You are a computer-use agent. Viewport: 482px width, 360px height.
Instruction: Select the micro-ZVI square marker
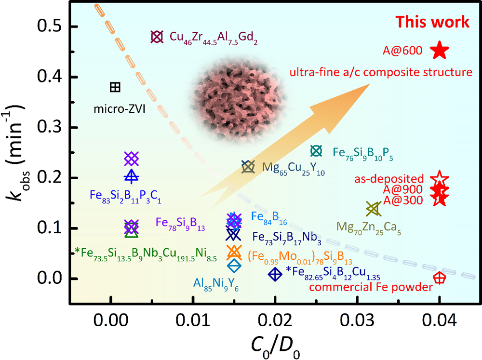[x=115, y=87]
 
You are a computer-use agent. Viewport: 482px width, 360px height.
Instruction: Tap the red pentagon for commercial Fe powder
[x=439, y=278]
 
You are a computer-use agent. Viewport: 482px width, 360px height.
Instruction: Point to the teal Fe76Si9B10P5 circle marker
[x=316, y=151]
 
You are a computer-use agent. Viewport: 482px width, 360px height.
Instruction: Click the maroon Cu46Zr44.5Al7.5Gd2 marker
[x=155, y=37]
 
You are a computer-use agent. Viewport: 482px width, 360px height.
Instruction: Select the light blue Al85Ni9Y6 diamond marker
[x=234, y=265]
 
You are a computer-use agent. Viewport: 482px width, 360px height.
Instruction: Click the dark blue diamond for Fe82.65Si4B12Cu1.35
[x=275, y=274]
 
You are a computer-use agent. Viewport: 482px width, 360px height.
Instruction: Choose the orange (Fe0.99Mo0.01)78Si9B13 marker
[x=234, y=251]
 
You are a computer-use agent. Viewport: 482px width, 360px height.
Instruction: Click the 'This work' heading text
[x=432, y=22]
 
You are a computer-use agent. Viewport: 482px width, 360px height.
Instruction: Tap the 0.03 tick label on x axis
[x=357, y=319]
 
